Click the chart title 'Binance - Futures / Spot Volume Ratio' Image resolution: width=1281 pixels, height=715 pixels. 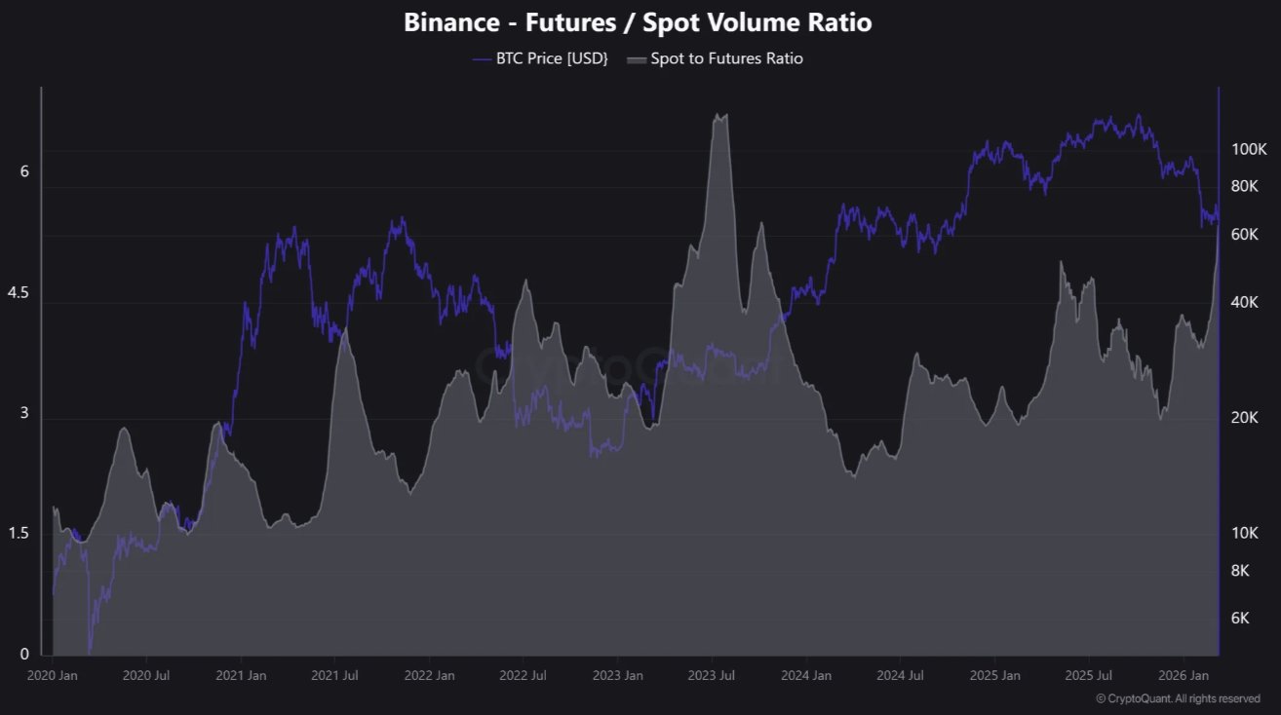639,23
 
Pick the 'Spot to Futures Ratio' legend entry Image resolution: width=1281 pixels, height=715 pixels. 726,58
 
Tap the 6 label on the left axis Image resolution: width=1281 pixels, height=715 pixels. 24,171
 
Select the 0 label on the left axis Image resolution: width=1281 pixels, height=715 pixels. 24,654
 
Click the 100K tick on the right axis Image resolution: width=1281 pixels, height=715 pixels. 1248,150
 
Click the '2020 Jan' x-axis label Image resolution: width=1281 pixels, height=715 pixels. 54,675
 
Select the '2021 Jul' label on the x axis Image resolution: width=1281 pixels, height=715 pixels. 334,675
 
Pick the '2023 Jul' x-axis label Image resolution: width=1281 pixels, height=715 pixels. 712,675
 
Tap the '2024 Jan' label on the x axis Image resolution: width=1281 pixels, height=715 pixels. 806,675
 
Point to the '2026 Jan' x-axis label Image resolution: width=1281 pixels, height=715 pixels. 1184,675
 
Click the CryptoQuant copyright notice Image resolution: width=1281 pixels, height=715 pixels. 1178,698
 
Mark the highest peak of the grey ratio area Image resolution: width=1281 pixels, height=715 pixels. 719,115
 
